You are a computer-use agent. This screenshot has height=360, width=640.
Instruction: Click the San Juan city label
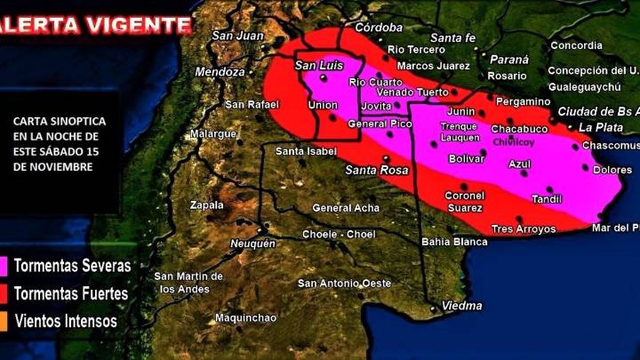pyautogui.click(x=237, y=36)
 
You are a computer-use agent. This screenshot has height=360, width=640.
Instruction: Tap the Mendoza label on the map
pyautogui.click(x=219, y=71)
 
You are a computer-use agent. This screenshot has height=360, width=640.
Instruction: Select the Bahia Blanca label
pyautogui.click(x=453, y=241)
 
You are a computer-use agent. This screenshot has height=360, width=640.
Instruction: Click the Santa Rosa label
pyautogui.click(x=376, y=170)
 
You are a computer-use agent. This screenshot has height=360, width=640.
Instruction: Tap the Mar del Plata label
pyautogui.click(x=615, y=228)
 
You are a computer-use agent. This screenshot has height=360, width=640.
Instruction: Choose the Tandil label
pyautogui.click(x=547, y=199)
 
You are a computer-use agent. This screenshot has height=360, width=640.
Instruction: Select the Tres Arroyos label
pyautogui.click(x=523, y=229)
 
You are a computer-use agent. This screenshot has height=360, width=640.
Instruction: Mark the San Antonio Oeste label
pyautogui.click(x=344, y=284)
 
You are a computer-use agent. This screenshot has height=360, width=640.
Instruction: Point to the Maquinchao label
pyautogui.click(x=245, y=317)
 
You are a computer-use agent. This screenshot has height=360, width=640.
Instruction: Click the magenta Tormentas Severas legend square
pyautogui.click(x=4, y=266)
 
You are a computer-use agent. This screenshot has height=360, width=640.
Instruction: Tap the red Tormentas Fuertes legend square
pyautogui.click(x=4, y=293)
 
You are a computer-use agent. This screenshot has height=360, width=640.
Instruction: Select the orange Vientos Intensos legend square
pyautogui.click(x=4, y=321)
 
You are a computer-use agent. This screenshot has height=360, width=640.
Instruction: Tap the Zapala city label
pyautogui.click(x=207, y=205)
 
